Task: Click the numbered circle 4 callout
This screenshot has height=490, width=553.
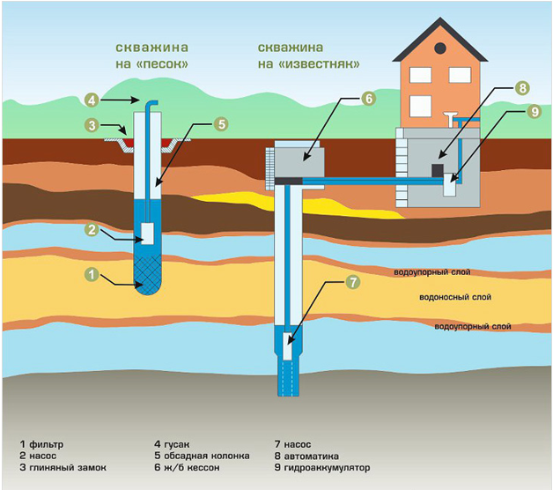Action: (x=92, y=100)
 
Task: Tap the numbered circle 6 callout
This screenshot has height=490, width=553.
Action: (x=369, y=99)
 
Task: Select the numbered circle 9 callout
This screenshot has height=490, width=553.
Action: (x=535, y=112)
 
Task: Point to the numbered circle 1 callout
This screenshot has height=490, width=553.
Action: (x=92, y=274)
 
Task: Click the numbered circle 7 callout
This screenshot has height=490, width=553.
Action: (x=353, y=282)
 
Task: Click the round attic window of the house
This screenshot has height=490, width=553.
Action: (x=440, y=48)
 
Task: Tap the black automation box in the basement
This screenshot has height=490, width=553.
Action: (x=438, y=170)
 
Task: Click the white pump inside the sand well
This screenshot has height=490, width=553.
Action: (x=147, y=234)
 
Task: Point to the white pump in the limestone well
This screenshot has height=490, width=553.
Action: (x=288, y=346)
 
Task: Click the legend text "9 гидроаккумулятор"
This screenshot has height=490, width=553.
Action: (x=322, y=468)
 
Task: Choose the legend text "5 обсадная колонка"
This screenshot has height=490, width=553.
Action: (x=202, y=456)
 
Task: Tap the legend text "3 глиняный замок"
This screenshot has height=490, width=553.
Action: (x=63, y=468)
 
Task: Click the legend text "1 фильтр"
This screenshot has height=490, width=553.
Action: (x=41, y=444)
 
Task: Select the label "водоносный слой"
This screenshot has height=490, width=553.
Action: (x=455, y=297)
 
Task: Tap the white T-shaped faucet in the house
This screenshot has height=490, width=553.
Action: (x=450, y=119)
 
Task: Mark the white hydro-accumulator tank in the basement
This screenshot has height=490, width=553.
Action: (x=450, y=185)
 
